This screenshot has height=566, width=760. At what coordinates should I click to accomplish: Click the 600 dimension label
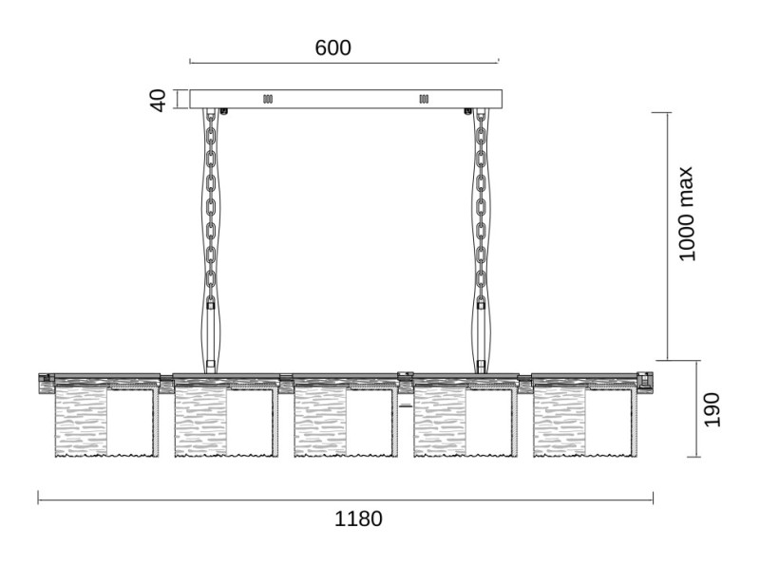click(332, 48)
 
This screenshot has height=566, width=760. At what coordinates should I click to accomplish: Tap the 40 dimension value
click(158, 101)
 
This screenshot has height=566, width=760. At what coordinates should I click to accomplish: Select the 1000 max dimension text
click(686, 214)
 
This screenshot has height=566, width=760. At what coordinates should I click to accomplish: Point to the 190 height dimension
click(712, 410)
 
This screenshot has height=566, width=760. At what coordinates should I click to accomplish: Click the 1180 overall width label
click(358, 519)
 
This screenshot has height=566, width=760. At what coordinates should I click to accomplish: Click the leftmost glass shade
click(106, 421)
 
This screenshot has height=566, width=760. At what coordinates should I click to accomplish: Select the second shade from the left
click(226, 421)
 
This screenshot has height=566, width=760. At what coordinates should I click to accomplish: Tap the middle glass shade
click(346, 421)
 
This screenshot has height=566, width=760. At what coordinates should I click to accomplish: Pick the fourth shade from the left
click(465, 421)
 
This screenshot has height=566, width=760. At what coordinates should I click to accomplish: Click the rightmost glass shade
click(585, 421)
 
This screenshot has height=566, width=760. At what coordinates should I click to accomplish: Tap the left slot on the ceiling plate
click(268, 99)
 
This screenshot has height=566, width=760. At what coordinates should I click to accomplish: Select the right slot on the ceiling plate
click(424, 99)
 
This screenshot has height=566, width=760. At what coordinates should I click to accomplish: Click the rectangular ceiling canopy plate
click(346, 99)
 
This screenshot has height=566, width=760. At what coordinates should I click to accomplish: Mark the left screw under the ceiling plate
click(224, 111)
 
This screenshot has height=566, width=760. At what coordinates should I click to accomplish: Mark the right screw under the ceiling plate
click(467, 111)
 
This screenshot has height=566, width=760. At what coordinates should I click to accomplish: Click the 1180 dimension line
click(346, 500)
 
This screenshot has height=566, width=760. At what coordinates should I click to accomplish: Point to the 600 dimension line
click(344, 63)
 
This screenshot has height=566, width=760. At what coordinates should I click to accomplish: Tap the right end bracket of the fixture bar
click(646, 381)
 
